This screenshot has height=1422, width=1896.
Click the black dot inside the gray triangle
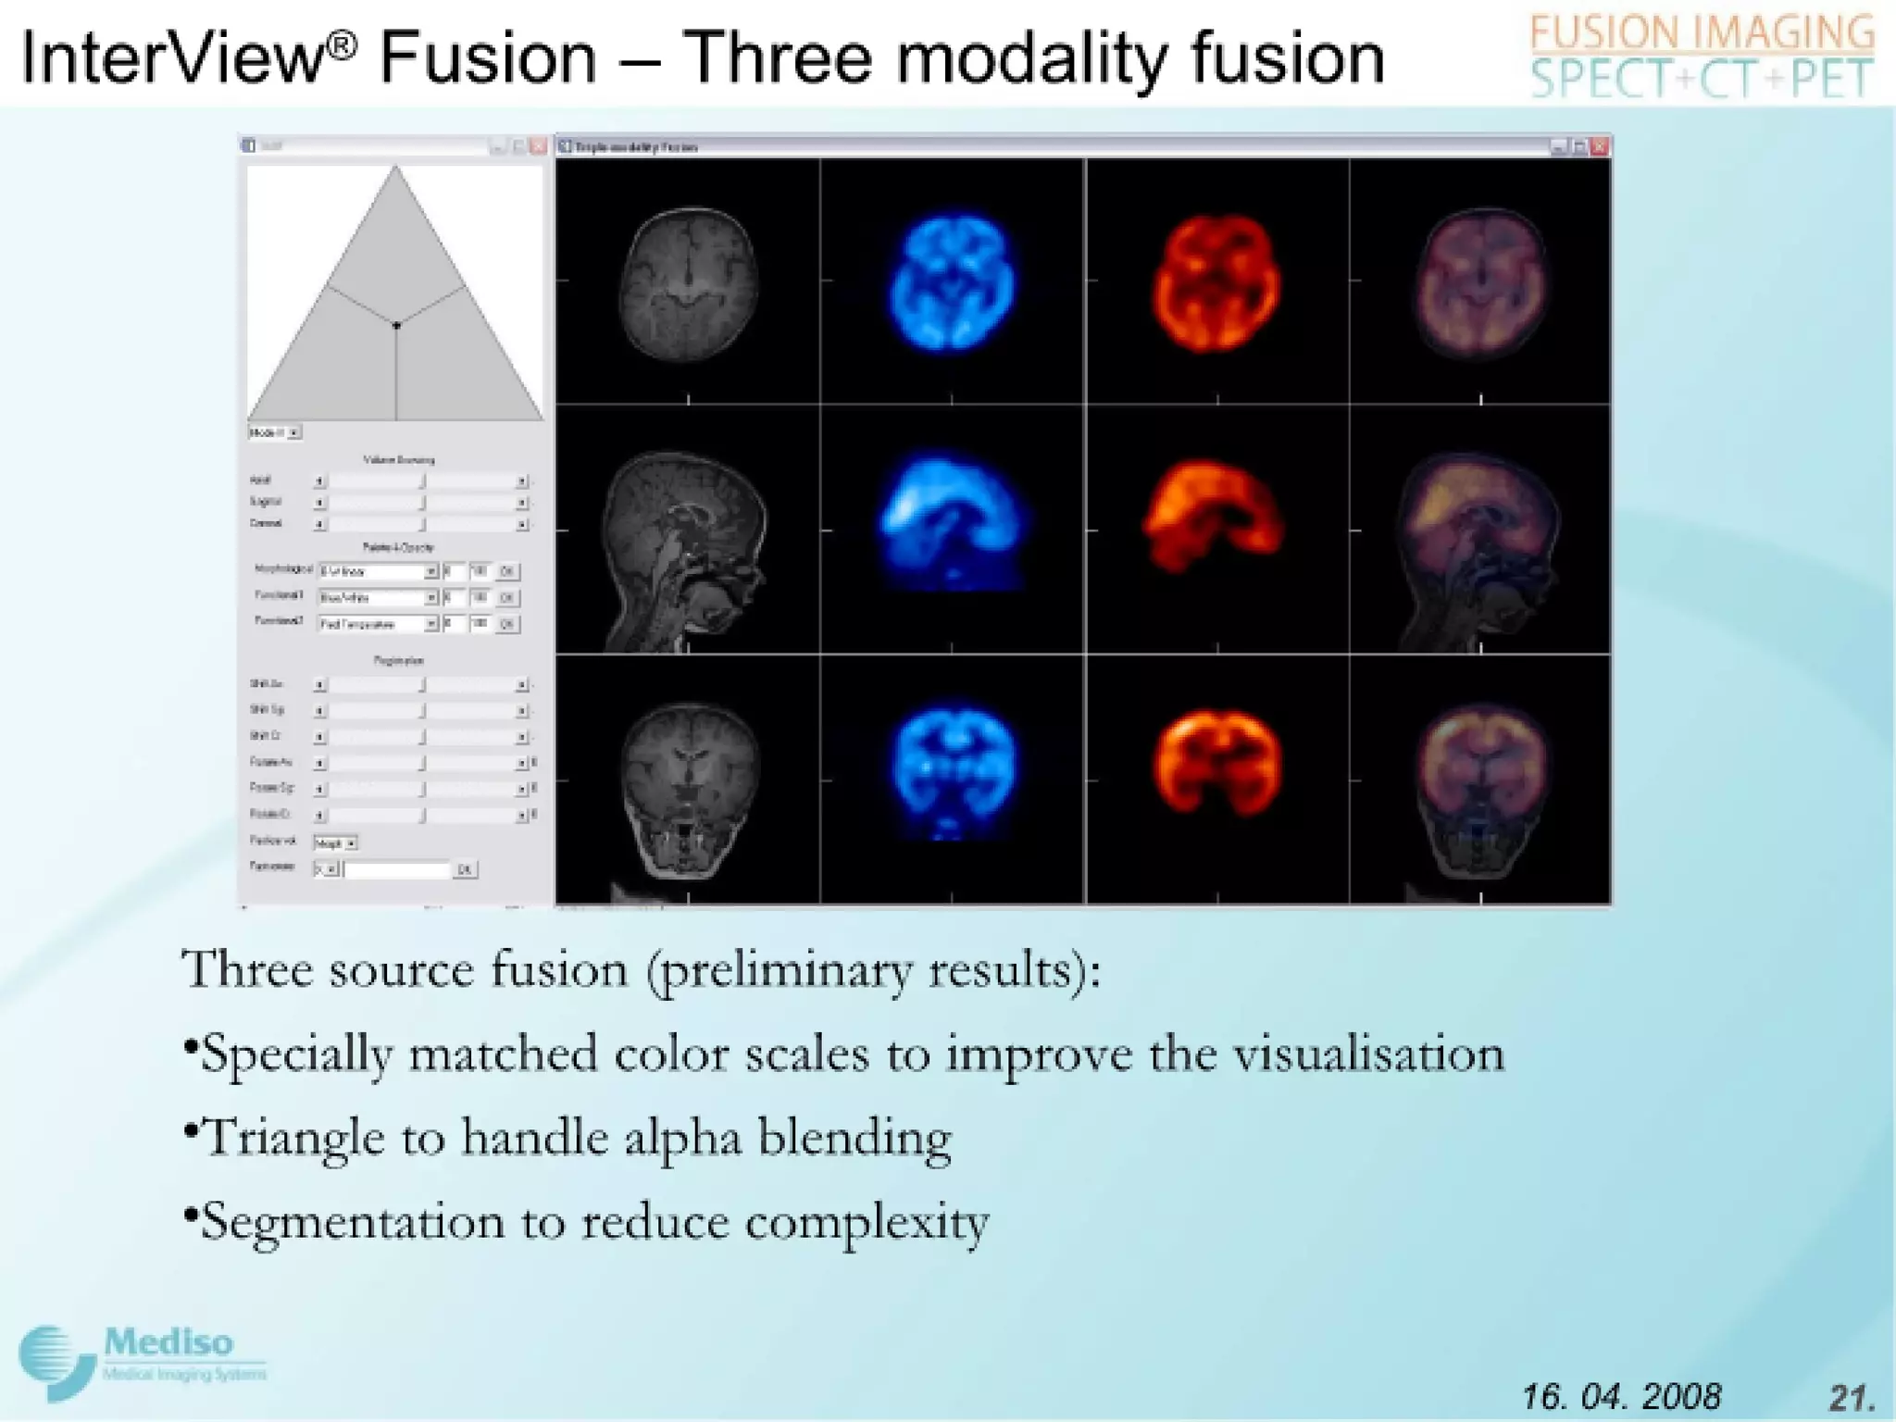(396, 325)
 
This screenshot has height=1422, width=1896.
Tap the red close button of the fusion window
(1600, 146)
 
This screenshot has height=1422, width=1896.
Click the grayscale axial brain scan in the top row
(688, 282)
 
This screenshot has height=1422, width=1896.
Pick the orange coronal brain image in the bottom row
(1216, 764)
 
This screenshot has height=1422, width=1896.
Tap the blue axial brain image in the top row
(952, 282)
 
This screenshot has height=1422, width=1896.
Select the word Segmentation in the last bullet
(352, 1222)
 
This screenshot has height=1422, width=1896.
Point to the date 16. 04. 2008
(1621, 1395)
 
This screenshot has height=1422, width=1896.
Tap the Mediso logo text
(168, 1342)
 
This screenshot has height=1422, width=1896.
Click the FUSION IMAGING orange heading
(1702, 33)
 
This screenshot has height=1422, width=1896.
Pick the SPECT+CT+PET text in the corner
(1702, 79)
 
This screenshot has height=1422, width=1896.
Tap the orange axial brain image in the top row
(1216, 282)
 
